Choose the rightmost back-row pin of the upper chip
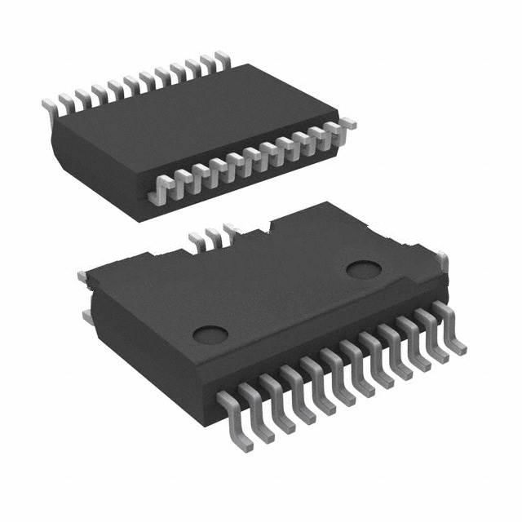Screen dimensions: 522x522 (x=220, y=59)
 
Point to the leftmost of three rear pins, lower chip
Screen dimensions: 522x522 (x=197, y=241)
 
